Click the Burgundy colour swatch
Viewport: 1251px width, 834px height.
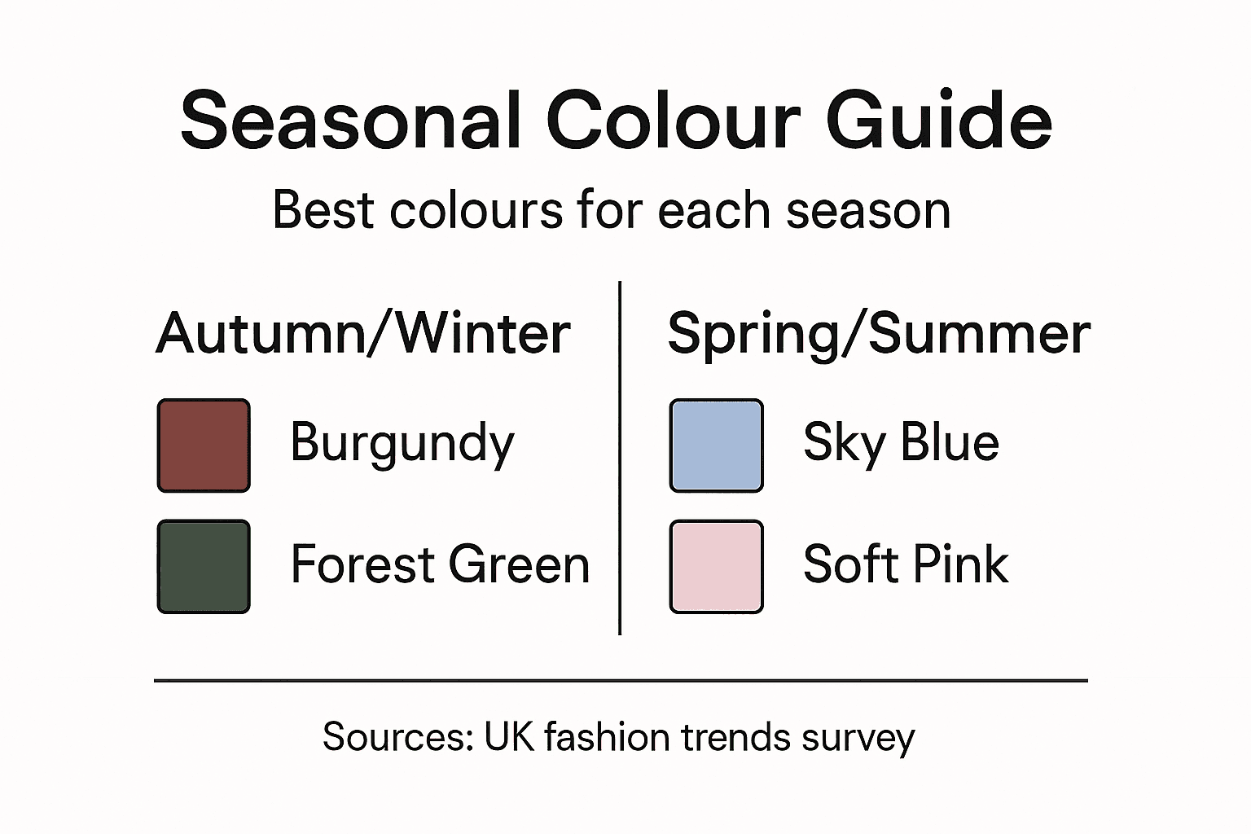204,446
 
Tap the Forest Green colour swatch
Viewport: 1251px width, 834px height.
204,567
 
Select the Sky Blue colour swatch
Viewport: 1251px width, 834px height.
717,446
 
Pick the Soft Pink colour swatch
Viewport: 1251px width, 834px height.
717,567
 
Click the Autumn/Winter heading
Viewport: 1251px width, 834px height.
363,334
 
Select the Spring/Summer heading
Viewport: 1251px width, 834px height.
879,334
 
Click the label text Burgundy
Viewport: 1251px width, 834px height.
402,444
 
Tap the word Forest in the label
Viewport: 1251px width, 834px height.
363,564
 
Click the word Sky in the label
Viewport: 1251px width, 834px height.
844,444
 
